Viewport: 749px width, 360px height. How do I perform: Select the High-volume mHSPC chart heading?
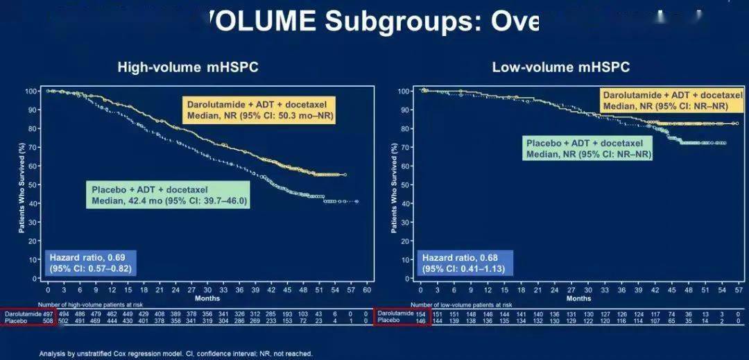(182, 67)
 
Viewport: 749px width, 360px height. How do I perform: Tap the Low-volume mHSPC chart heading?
(561, 67)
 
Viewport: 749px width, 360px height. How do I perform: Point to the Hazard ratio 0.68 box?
(463, 262)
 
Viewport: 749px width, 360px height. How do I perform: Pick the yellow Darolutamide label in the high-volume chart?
(259, 110)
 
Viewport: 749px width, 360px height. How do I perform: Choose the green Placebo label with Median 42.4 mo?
(169, 195)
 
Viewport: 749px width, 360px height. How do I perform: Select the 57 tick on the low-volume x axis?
(738, 290)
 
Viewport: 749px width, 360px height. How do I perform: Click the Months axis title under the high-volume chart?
(207, 298)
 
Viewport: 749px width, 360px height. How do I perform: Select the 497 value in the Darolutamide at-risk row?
(48, 314)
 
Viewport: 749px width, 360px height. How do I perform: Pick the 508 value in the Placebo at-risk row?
(48, 321)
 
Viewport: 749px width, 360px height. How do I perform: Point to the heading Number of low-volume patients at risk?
(461, 305)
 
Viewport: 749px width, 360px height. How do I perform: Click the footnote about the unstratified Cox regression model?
(175, 354)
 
